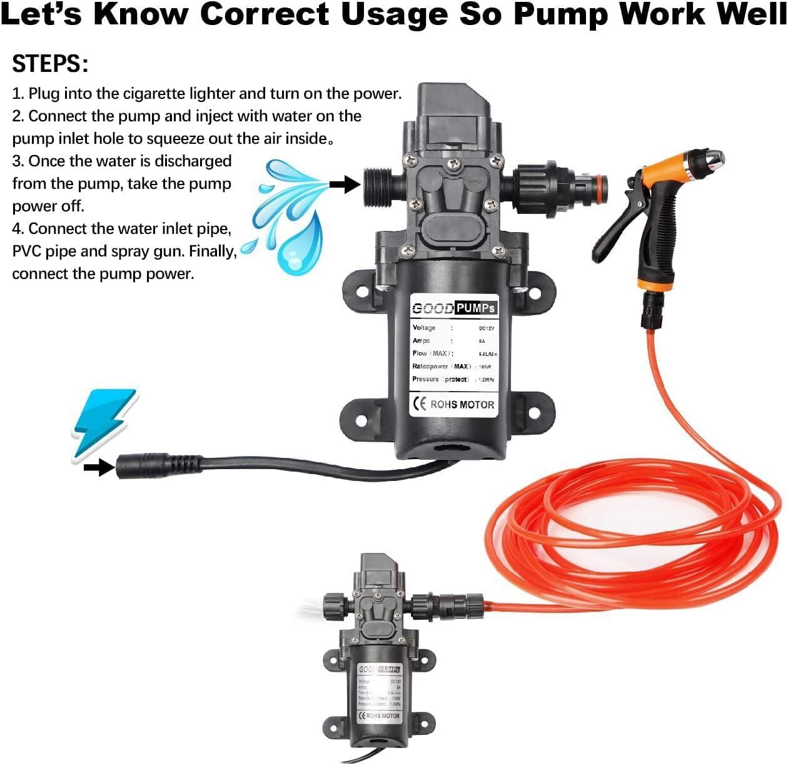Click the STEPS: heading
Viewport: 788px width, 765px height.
point(50,64)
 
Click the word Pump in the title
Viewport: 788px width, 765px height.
point(562,14)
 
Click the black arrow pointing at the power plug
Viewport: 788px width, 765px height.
point(99,467)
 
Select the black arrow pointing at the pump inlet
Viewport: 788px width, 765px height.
point(345,184)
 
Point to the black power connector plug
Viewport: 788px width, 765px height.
point(156,466)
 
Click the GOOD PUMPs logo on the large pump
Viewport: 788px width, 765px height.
point(453,308)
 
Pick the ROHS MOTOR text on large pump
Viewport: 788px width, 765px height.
point(462,405)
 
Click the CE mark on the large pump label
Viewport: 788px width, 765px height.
point(419,404)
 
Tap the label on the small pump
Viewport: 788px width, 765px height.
point(379,693)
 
